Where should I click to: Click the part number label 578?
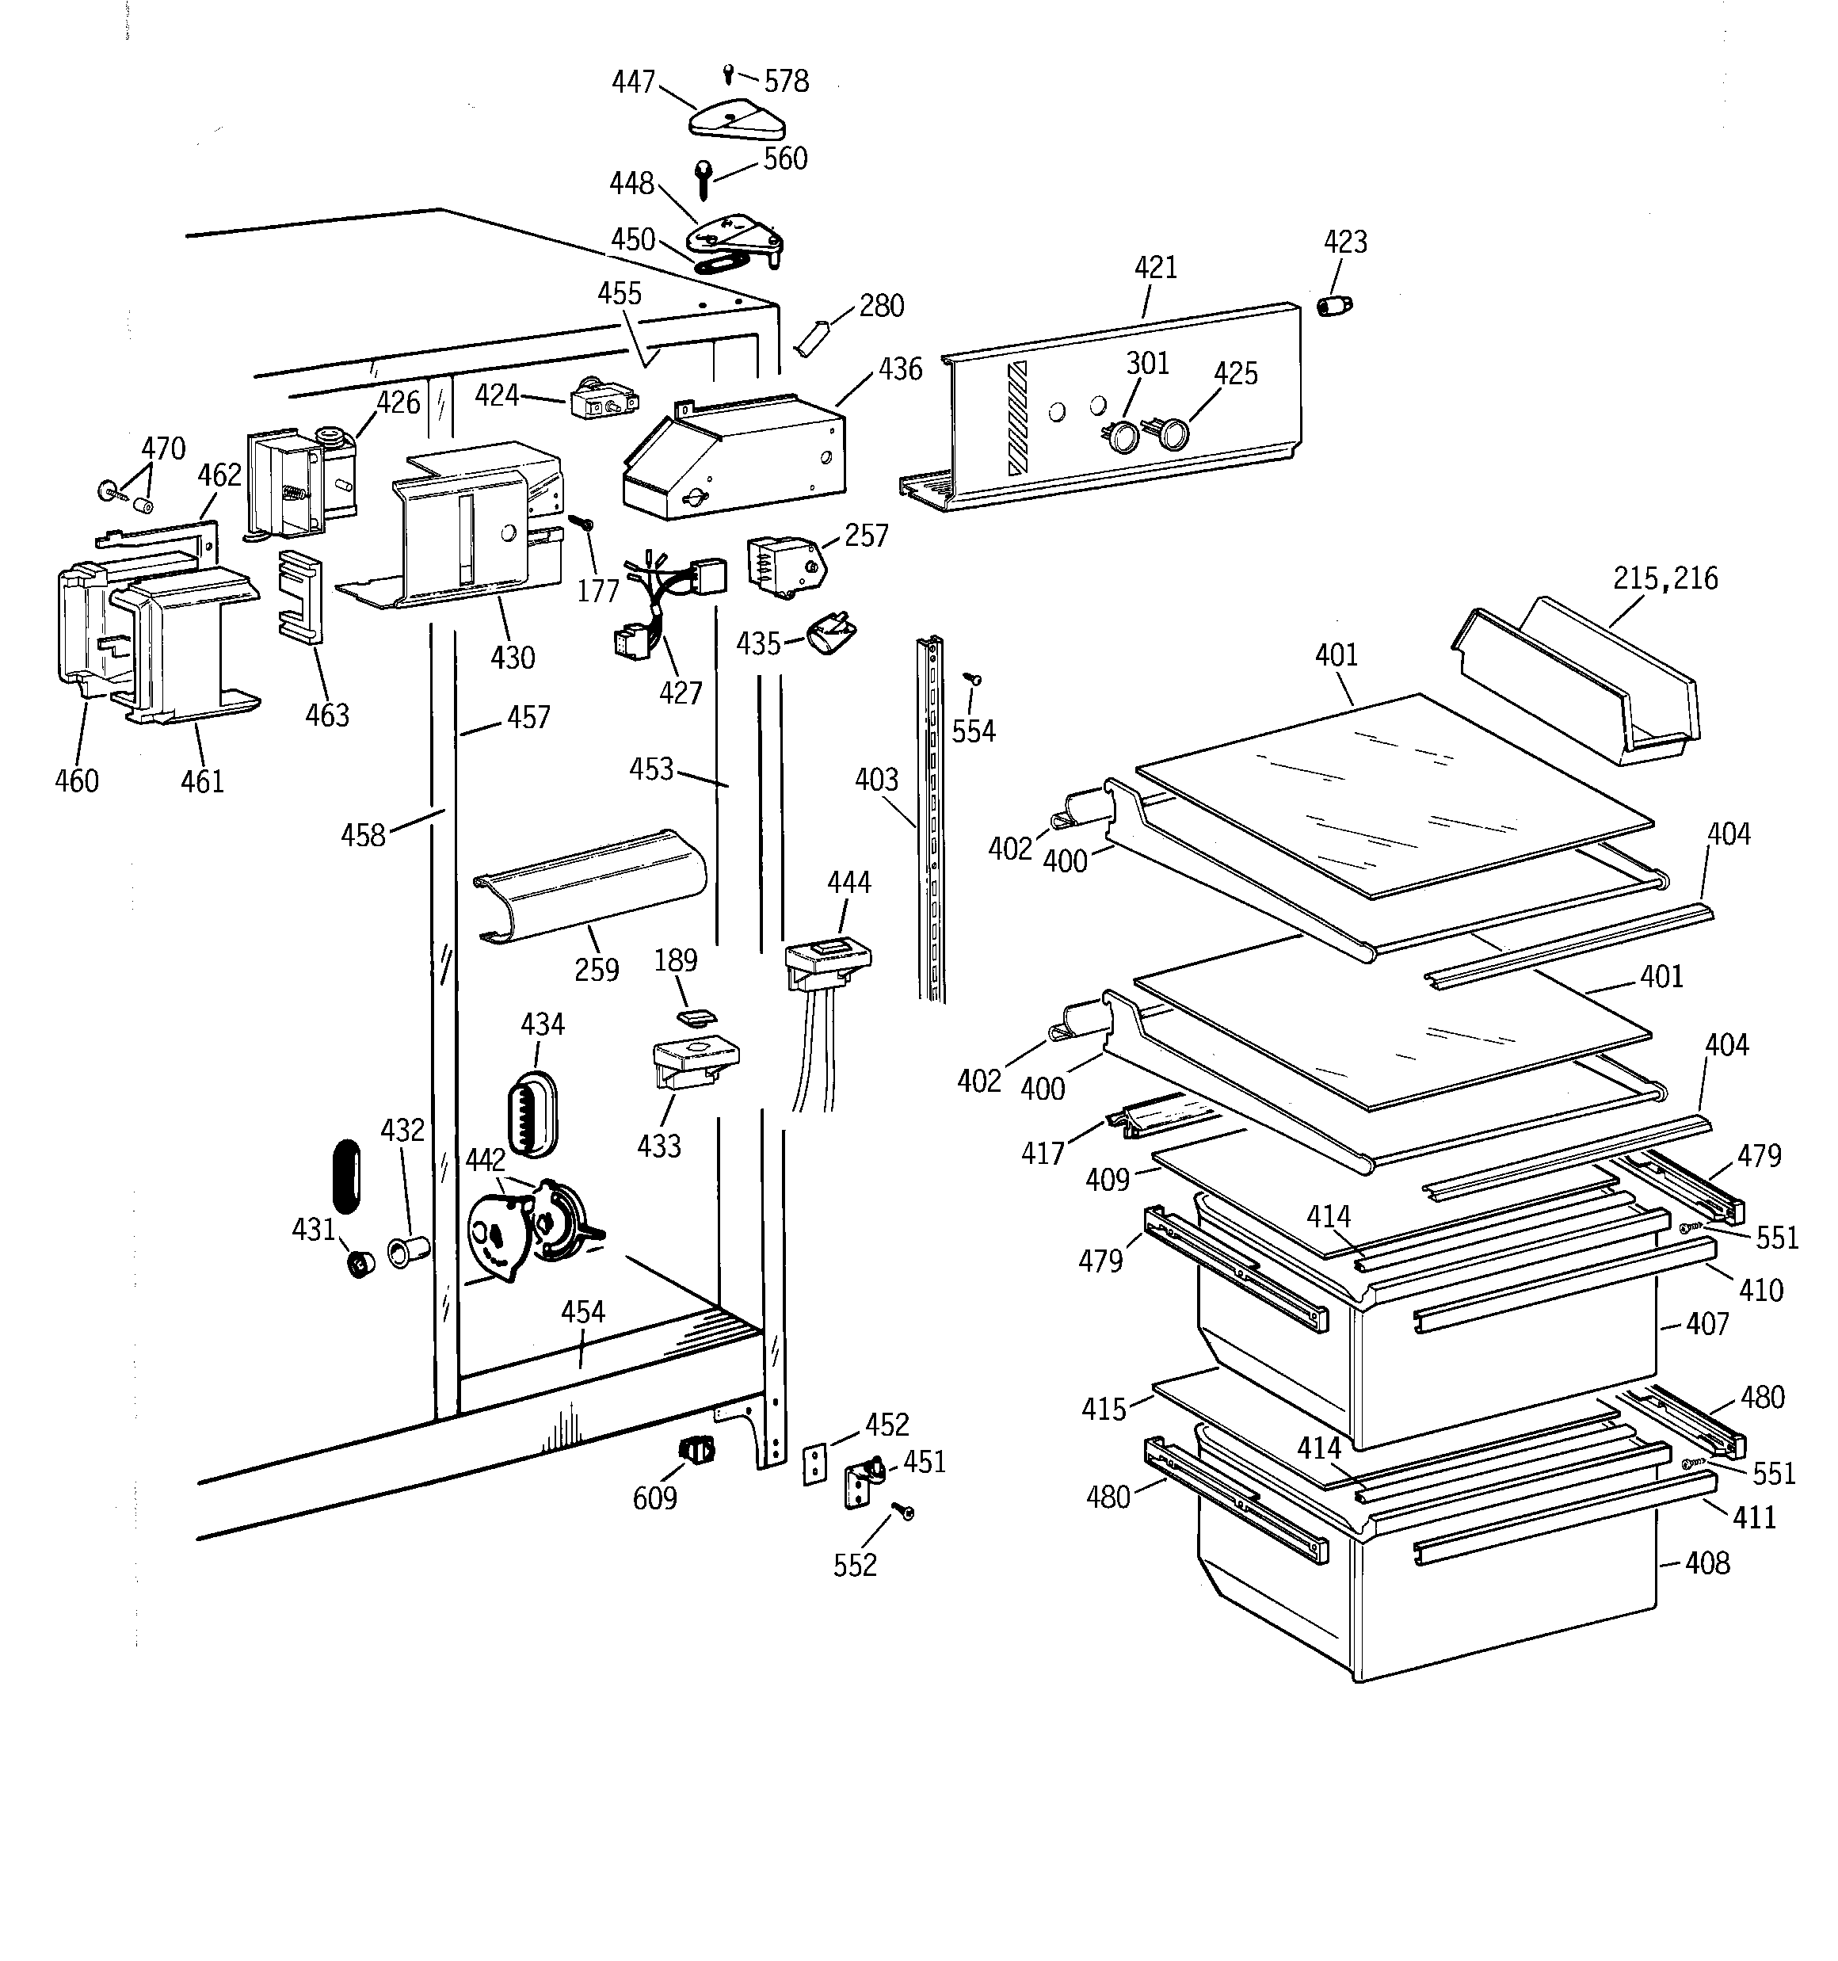coord(787,81)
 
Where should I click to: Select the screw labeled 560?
coord(703,178)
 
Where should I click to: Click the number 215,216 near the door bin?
coord(1664,578)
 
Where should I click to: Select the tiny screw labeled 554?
coord(972,680)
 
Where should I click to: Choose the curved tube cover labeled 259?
coord(590,885)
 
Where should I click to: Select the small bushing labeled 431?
coord(361,1264)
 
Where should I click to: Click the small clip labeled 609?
coord(697,1450)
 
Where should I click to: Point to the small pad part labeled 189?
coord(696,1015)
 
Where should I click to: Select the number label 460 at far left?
coord(77,781)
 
